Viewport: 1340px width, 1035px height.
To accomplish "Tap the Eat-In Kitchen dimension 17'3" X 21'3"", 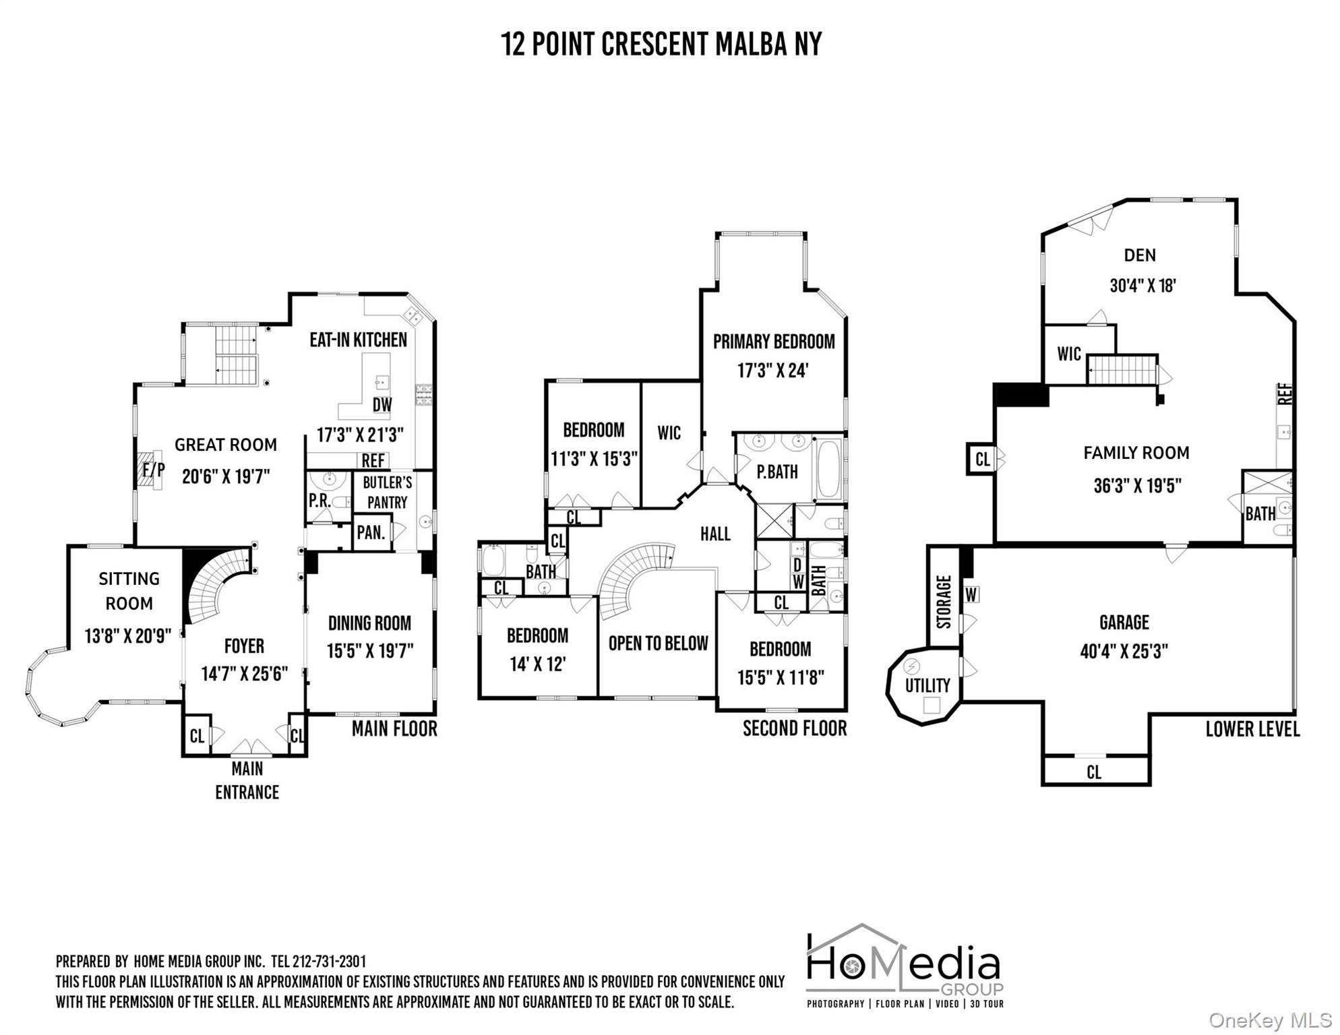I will [x=360, y=435].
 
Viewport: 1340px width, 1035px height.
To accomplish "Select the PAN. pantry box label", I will [x=371, y=533].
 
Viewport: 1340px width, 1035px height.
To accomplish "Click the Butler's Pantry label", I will [x=387, y=493].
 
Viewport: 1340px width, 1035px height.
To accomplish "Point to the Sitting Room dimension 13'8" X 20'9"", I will [x=128, y=635].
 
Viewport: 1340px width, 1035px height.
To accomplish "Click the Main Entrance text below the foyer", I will [x=247, y=780].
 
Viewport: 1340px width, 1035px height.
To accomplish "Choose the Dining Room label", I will [x=369, y=623].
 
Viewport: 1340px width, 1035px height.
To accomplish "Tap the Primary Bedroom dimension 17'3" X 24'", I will [x=772, y=371].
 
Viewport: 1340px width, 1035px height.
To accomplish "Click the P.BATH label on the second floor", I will [x=777, y=472].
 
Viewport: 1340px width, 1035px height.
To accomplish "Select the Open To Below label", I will [x=658, y=644].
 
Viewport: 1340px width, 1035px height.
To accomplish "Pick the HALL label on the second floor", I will [x=715, y=534].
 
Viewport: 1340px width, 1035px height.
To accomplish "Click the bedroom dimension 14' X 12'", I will [x=537, y=664].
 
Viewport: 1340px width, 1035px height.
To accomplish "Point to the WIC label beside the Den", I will [x=1069, y=354].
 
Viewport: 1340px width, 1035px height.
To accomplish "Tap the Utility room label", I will [x=927, y=686].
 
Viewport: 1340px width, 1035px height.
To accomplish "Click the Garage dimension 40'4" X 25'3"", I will [x=1124, y=652].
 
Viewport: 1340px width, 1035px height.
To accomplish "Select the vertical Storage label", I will [x=944, y=601].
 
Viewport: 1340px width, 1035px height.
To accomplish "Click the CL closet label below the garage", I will [x=1094, y=772].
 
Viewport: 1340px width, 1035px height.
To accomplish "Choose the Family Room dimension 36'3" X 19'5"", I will [x=1137, y=486].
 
